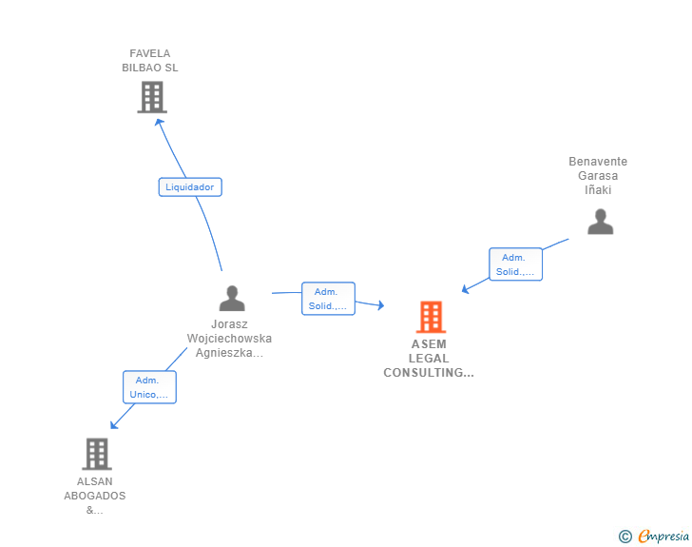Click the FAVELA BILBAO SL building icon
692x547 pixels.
152,97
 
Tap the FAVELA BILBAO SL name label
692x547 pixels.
150,61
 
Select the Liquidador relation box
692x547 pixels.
190,186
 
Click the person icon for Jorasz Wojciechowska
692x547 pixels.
232,299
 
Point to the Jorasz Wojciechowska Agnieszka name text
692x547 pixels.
229,339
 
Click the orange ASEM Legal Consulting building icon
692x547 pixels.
432,317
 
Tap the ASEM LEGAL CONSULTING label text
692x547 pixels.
429,359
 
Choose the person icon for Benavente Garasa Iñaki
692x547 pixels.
601,222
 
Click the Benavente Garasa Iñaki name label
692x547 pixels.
598,175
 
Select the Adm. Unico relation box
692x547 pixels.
149,387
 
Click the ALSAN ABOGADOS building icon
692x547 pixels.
97,454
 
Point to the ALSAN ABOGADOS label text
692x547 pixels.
95,496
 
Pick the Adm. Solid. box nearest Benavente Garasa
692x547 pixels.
515,264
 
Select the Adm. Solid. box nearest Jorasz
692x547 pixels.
328,299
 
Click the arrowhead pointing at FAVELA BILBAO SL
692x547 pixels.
159,122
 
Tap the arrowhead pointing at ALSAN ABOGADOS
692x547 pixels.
114,424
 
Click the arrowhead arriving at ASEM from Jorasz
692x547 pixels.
381,304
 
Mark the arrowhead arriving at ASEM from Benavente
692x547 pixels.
465,289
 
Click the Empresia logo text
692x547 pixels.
663,536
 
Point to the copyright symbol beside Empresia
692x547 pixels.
625,537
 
